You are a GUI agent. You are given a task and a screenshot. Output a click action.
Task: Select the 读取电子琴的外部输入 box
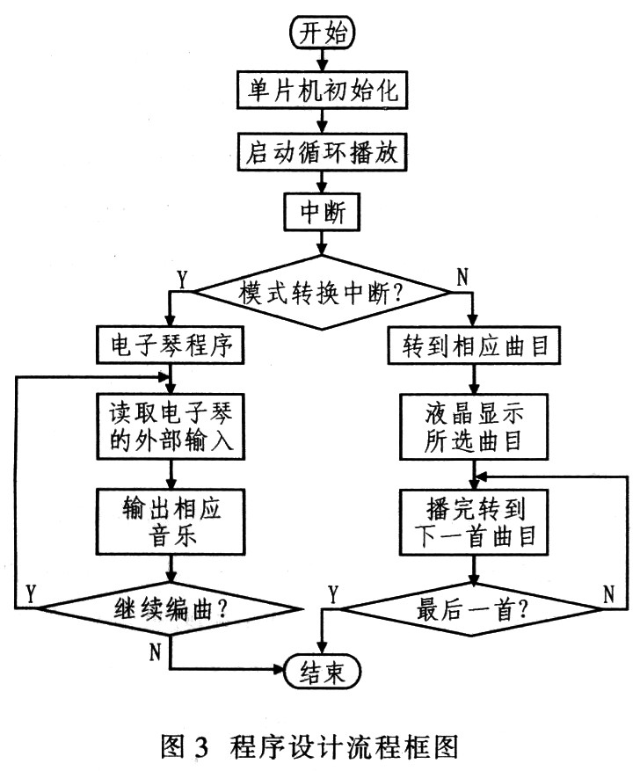(170, 426)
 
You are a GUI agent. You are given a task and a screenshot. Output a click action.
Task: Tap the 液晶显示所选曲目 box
(474, 426)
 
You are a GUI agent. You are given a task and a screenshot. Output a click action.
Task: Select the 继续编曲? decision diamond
(171, 606)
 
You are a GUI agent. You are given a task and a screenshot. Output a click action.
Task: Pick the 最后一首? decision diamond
(475, 606)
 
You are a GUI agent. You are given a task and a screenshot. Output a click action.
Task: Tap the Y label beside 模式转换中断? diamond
(181, 279)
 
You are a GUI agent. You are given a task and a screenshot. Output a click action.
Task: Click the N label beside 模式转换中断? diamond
(462, 279)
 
